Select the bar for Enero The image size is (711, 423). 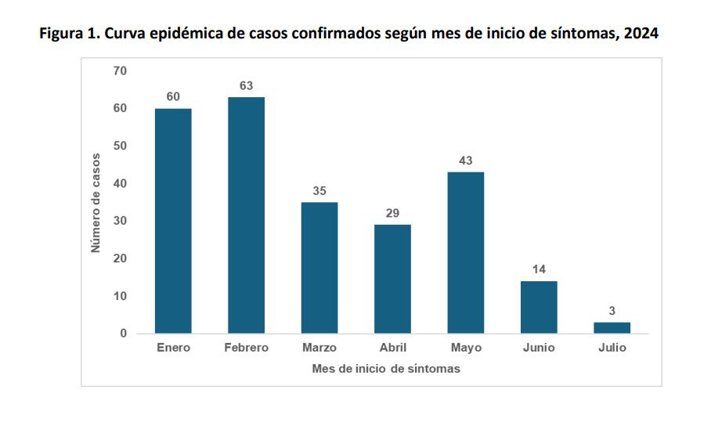click(173, 221)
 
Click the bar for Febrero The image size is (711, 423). click(246, 215)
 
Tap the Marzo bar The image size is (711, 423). click(319, 268)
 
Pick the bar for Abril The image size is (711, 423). click(392, 279)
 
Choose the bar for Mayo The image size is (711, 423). click(466, 253)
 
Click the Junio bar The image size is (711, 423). click(539, 307)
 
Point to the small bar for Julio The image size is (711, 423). click(612, 327)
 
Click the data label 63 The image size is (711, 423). click(246, 85)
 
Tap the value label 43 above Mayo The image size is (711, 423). click(466, 161)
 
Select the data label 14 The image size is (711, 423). click(539, 269)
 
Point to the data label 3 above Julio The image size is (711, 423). click(612, 311)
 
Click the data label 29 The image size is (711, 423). click(392, 213)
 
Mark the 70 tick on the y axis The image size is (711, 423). click(120, 71)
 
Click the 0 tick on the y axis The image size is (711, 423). click(123, 334)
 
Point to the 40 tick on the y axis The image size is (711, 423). click(120, 184)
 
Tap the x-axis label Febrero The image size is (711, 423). click(246, 348)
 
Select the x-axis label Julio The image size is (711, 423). click(612, 348)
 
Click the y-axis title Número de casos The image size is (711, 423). click(96, 202)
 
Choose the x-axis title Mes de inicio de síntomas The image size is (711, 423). click(386, 369)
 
